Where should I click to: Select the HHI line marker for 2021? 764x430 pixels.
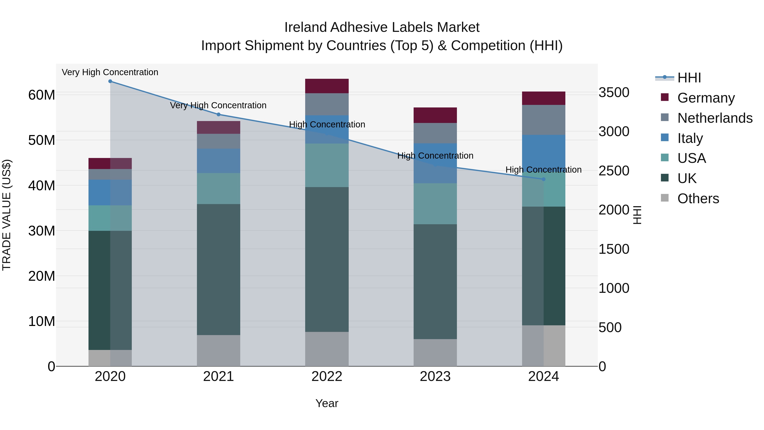point(219,114)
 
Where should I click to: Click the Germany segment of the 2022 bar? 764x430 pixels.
point(327,86)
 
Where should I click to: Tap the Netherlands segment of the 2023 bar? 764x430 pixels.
point(435,133)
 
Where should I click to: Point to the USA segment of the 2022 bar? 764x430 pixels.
point(327,165)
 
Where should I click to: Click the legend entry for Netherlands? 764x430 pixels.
point(715,118)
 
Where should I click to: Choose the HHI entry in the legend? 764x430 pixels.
point(689,78)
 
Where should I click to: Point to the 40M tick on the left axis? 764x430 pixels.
point(42,186)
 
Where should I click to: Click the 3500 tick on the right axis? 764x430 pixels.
point(614,93)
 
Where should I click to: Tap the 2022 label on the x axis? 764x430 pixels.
point(327,376)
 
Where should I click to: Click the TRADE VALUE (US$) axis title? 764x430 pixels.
point(7,215)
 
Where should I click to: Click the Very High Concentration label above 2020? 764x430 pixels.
point(110,72)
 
